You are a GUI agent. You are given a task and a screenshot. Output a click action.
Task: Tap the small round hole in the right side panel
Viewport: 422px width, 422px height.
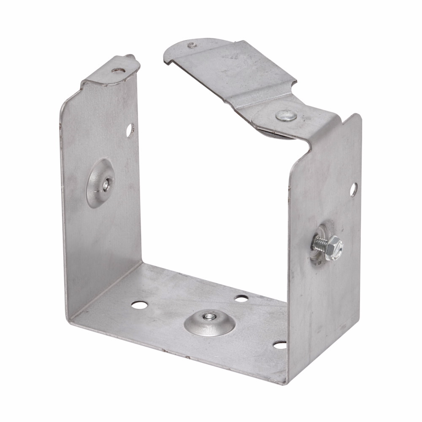tap(353, 190)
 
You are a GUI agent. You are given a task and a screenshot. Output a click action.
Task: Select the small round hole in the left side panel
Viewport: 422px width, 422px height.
tap(129, 130)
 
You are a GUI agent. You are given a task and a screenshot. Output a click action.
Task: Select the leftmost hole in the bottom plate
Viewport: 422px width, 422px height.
tap(138, 304)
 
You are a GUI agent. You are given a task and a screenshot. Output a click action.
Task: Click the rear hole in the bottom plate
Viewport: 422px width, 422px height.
tap(241, 298)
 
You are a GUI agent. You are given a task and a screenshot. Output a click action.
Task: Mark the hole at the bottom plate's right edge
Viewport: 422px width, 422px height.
tap(280, 345)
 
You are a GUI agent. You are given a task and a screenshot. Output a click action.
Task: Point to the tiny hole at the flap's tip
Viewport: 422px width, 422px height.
tap(192, 45)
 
